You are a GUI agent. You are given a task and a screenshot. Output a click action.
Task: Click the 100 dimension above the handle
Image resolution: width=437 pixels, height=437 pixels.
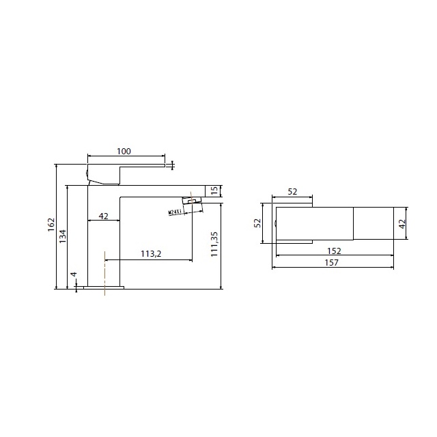point(124,152)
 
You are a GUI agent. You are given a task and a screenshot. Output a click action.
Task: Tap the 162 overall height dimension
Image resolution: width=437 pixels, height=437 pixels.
point(51,225)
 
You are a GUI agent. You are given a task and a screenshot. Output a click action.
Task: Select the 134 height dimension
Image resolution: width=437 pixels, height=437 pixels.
point(63,236)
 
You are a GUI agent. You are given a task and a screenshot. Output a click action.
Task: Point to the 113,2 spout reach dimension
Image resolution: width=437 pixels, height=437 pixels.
point(151,254)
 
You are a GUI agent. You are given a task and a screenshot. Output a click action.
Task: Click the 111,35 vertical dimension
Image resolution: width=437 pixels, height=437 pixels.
point(214,244)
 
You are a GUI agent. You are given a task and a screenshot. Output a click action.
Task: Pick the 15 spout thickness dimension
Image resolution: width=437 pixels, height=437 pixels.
point(214,191)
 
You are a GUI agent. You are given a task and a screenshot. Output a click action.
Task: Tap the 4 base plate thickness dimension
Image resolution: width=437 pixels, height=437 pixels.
point(74,274)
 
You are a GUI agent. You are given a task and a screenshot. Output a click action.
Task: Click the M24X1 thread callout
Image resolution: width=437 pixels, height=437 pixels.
point(175,212)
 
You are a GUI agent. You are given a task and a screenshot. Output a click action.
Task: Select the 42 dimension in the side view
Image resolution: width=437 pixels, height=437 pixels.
point(103,216)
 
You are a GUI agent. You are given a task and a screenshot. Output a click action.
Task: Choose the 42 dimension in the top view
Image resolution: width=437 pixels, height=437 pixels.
point(402,224)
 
